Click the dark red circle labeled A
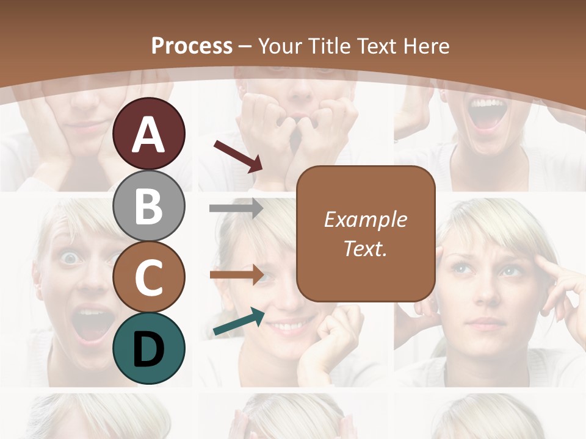point(148,134)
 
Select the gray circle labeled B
point(148,205)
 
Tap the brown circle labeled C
point(148,277)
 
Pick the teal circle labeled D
point(148,348)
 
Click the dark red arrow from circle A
point(238,156)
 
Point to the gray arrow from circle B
point(236,209)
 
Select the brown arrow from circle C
point(236,274)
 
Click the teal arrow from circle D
point(239,321)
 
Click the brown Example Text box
point(365,234)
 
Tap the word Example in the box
point(365,220)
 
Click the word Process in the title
point(192,46)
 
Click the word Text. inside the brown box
point(365,249)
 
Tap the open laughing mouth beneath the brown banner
point(486,114)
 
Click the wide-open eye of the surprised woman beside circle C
point(71,258)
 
